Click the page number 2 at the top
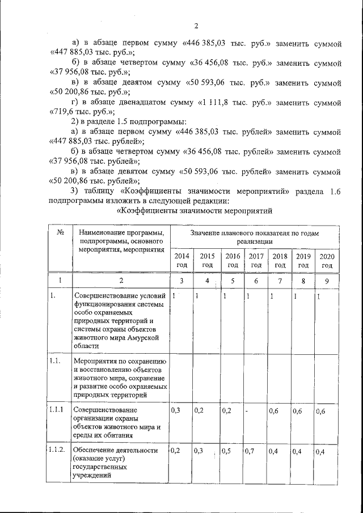pos(196,26)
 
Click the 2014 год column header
pos(181,260)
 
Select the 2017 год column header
pos(256,260)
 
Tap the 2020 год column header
pos(327,260)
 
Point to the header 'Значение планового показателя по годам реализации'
pos(255,236)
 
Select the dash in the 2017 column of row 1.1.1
pos(247,412)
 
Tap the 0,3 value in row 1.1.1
pos(176,411)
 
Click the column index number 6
pos(256,281)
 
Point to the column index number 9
pos(327,281)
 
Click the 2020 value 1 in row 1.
pos(319,297)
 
